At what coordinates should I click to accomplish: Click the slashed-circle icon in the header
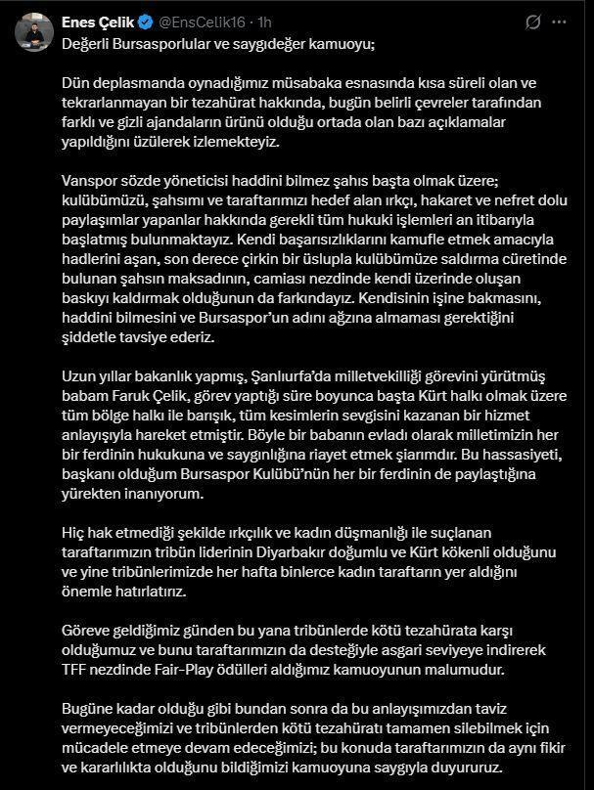(x=534, y=22)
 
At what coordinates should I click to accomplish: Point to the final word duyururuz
(x=466, y=767)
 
